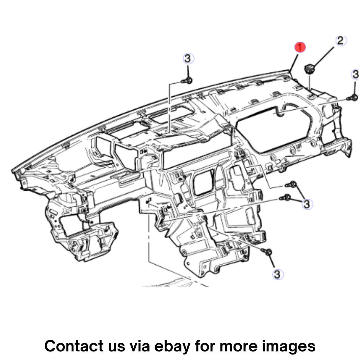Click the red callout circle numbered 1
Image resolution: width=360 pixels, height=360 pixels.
coord(300,47)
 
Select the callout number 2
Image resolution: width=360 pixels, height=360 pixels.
coord(340,41)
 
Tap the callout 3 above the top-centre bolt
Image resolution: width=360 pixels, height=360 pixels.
coord(188,59)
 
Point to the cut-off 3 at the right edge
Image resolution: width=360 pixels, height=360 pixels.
coord(356,74)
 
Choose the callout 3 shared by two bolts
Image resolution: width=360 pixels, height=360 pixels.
coord(307,204)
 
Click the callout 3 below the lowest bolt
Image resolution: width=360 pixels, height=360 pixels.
coord(277,274)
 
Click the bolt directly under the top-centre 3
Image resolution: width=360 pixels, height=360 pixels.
coord(187,81)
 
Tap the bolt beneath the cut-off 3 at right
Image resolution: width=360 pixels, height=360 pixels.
coord(352,98)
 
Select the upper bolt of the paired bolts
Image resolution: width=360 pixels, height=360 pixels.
coord(291,184)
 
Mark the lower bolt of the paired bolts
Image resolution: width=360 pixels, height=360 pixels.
coord(285,197)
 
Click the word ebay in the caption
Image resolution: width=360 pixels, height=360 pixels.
coord(172,347)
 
